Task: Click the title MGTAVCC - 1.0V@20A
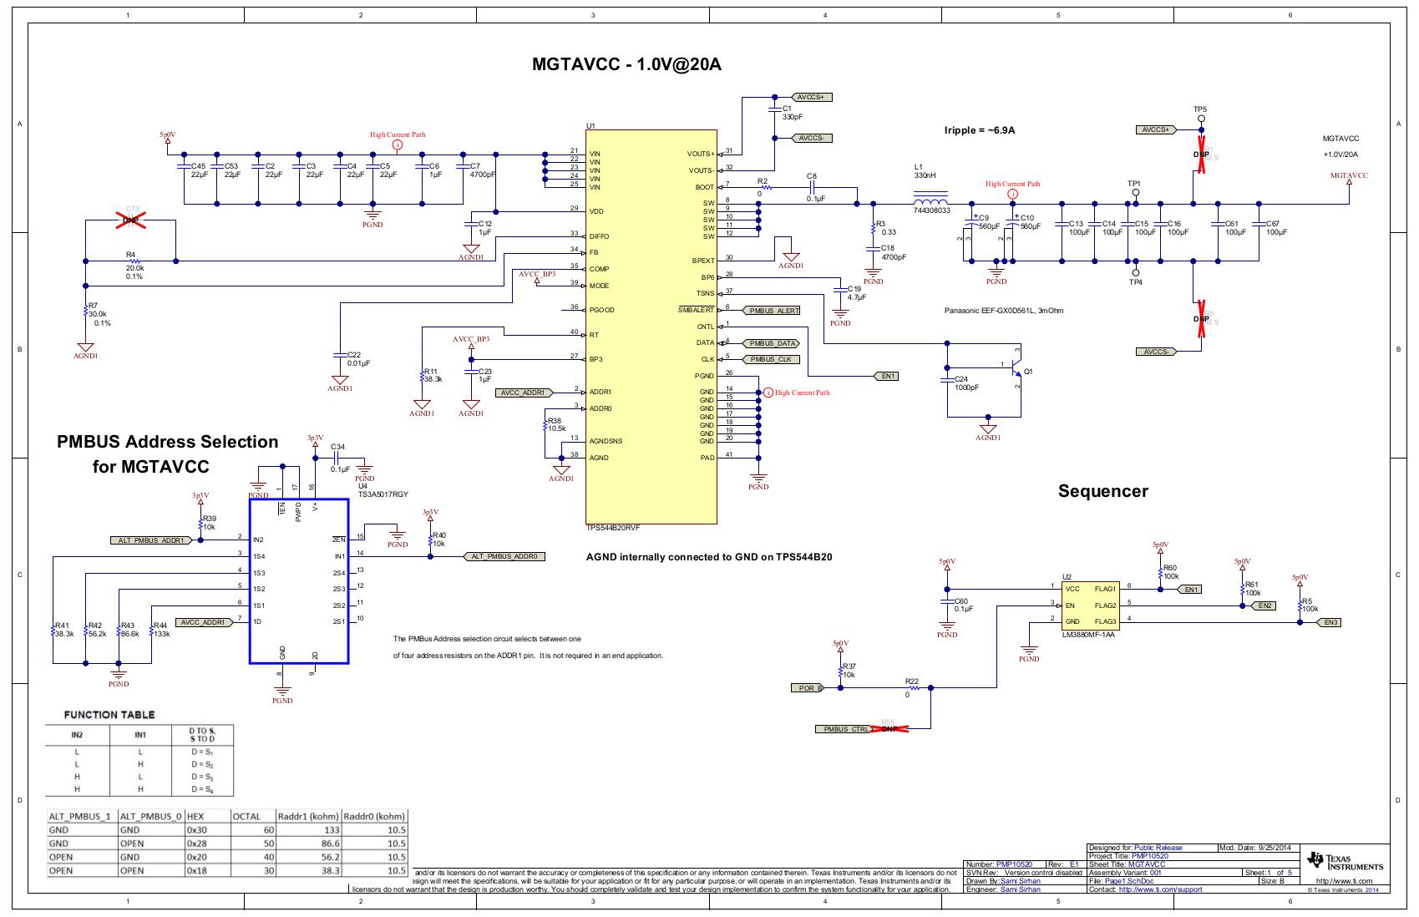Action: point(626,64)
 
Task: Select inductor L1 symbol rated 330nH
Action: point(930,202)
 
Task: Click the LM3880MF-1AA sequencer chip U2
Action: point(1089,605)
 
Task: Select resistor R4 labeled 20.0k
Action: point(134,261)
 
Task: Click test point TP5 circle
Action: point(1201,119)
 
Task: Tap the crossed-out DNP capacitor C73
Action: point(131,220)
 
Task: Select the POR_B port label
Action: point(807,688)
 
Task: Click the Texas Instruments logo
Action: point(1346,861)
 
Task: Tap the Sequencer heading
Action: point(1102,491)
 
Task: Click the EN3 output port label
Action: point(1330,622)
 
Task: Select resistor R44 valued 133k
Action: point(152,629)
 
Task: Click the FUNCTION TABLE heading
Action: point(109,715)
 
